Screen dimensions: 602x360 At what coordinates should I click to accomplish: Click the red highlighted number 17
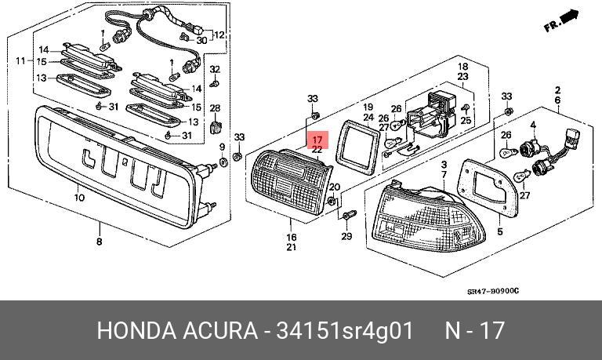point(317,140)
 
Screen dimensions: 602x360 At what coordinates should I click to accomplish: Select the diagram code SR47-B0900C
point(493,292)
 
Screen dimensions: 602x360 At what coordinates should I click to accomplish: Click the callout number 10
point(79,198)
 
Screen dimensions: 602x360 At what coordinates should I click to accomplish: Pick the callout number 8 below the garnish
point(99,242)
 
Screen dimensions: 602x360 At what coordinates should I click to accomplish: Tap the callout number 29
point(346,237)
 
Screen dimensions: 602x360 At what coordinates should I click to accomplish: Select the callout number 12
point(219,35)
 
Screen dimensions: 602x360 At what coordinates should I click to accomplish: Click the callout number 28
point(215,108)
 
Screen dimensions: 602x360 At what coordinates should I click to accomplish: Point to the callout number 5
point(500,233)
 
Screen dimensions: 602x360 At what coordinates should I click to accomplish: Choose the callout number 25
point(466,120)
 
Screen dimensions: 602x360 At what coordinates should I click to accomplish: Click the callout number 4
point(533,125)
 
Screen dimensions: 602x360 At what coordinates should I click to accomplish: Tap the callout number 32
point(215,69)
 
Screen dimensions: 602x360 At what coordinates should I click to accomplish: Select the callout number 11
point(20,61)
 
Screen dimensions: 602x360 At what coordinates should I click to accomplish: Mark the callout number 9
point(223,147)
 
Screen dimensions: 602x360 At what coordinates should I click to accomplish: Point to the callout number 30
point(201,41)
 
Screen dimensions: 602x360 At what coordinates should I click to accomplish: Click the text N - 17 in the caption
point(476,331)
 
